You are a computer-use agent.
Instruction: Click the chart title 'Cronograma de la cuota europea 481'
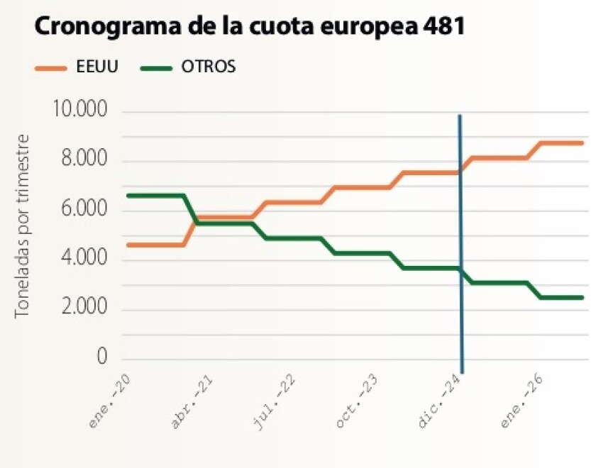[x=250, y=28]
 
